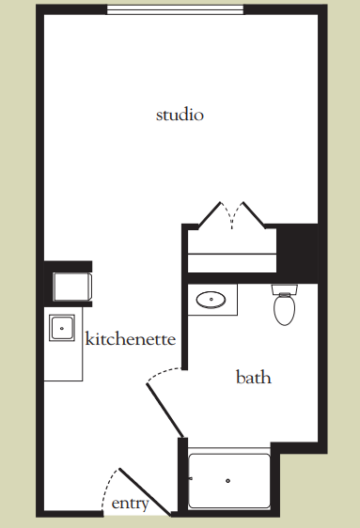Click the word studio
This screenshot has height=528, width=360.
(180, 115)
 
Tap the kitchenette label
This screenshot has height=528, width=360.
(131, 338)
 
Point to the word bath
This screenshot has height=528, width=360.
(254, 377)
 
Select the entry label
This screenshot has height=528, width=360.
(130, 504)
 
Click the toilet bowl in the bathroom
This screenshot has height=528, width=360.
(285, 310)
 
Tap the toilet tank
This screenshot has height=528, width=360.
(285, 289)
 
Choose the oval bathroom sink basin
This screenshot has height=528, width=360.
(211, 300)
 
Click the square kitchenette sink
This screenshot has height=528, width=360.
(62, 328)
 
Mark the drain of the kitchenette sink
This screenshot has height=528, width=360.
(62, 328)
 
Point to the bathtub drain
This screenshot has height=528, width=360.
(228, 480)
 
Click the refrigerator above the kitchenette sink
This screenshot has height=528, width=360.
(72, 287)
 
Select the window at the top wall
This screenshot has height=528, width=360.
(175, 9)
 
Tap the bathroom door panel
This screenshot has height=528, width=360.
(165, 411)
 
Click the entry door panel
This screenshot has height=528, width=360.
(145, 492)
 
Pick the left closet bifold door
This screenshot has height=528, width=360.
(210, 215)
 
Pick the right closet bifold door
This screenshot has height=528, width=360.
(254, 215)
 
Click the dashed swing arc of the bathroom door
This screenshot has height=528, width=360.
(164, 373)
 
